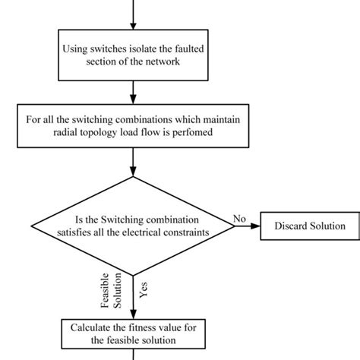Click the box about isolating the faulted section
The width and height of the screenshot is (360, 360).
[x=132, y=55]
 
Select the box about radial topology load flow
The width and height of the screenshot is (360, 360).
[x=132, y=125]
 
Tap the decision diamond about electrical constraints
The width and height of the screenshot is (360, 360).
[x=132, y=225]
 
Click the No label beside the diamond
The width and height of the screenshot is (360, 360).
[x=239, y=219]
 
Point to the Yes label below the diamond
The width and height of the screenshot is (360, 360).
[x=144, y=289]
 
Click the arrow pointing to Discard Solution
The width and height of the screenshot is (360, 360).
[x=247, y=226]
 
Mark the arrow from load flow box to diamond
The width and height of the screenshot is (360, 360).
[x=132, y=163]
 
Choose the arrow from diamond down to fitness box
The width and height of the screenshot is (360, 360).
[x=132, y=296]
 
